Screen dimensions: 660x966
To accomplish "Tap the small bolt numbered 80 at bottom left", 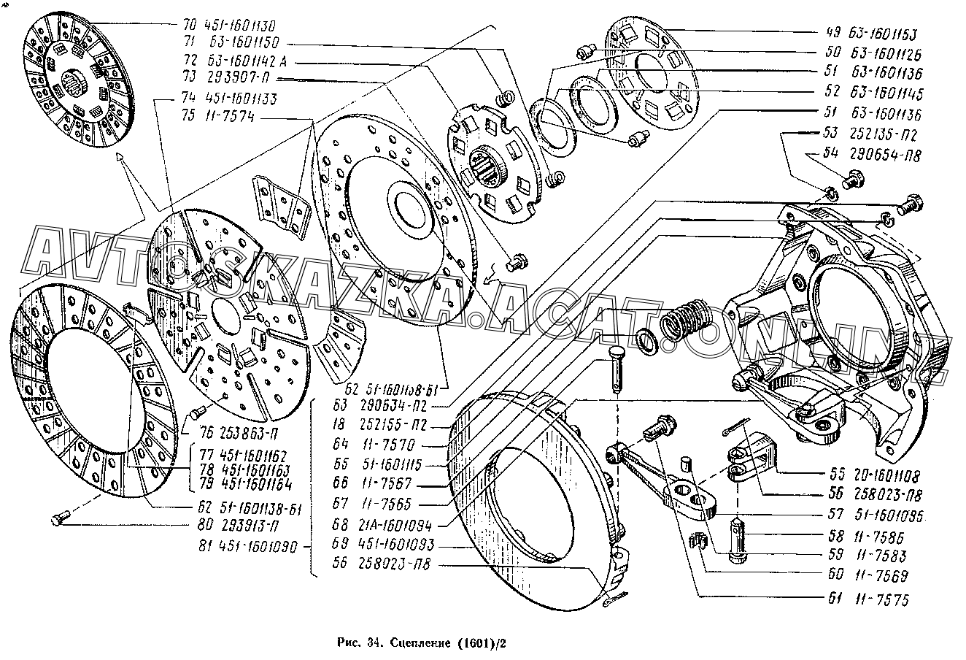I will point(60,520).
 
